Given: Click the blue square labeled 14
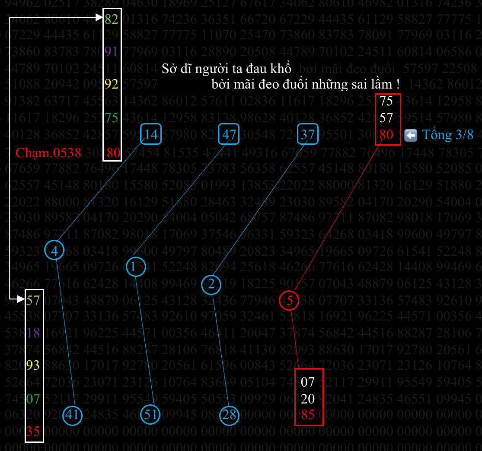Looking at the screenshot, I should coord(151,134).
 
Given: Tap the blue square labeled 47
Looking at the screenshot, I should coord(229,134).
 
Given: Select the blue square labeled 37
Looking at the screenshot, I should coord(308,134).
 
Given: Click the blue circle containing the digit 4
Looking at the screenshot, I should coord(54,251).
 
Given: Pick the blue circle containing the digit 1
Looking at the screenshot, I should coord(136,267).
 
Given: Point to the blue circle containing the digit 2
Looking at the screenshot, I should coord(211,284).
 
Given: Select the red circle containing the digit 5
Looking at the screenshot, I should coord(290,301).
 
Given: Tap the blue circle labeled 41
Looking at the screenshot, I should coord(72,415).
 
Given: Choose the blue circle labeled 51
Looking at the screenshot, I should coord(150,415).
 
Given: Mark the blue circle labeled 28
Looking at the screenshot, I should coord(229,415).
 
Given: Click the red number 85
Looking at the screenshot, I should coord(307,415).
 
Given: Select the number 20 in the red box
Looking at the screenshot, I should coord(307,398).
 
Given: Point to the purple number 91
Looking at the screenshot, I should coord(112,51).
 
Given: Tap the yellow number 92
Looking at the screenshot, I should coord(112,83).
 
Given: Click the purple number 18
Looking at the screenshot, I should coord(33,333).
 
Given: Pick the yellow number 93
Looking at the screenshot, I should coord(33,365).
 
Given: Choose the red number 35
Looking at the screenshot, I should coord(33,431).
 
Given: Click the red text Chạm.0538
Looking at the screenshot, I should coord(48,152).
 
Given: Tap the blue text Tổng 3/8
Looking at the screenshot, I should coord(447,135).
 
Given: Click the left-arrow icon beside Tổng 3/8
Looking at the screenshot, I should coord(410,135).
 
